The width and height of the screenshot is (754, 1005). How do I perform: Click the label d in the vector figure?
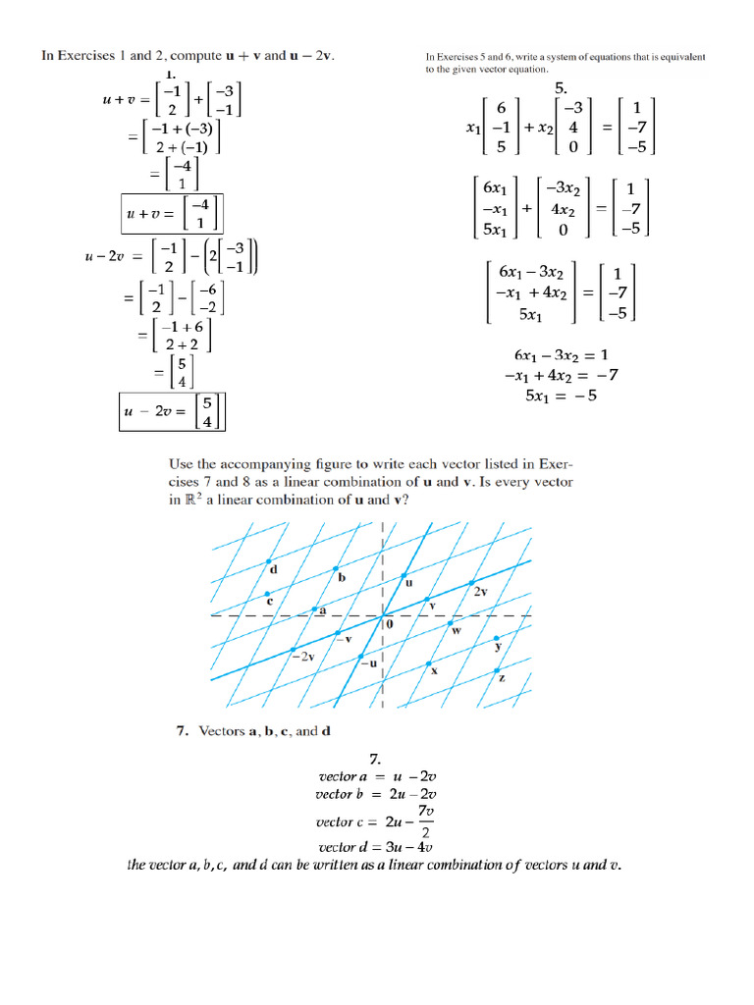[x=273, y=569]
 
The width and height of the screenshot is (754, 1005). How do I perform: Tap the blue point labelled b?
[x=336, y=568]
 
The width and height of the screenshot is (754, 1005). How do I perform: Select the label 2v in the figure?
[x=480, y=593]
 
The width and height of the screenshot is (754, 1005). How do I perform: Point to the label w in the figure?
[x=456, y=631]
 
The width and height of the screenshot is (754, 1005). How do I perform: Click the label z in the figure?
[x=502, y=677]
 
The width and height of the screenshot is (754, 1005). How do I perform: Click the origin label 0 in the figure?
[x=389, y=623]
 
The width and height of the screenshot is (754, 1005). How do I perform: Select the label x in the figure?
[x=433, y=671]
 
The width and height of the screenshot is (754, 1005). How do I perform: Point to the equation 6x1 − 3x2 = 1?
[x=561, y=354]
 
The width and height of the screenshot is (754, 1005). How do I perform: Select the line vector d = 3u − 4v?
[x=376, y=846]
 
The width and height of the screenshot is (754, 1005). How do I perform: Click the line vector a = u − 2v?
[x=376, y=776]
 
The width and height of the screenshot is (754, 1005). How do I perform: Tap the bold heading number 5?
[x=562, y=85]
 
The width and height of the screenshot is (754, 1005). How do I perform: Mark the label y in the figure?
[x=498, y=646]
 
